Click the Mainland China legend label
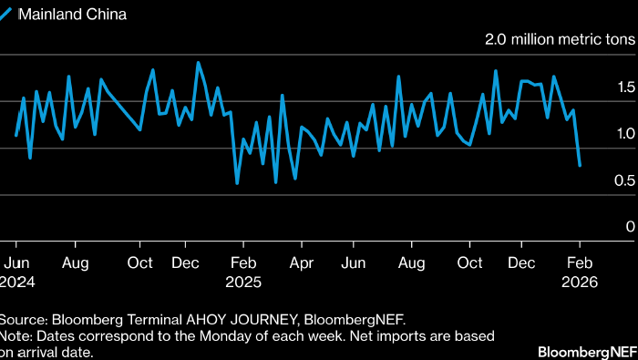[x=72, y=15]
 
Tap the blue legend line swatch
[x=5, y=15]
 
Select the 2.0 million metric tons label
[x=560, y=39]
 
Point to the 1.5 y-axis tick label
[x=625, y=87]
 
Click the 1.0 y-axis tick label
[x=625, y=133]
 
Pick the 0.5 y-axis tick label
[x=624, y=180]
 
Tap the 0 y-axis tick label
[x=631, y=226]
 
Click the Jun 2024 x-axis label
[x=16, y=273]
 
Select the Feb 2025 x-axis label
[x=243, y=273]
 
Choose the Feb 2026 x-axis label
[x=580, y=273]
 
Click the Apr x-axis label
[x=302, y=263]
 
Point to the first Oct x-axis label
[x=140, y=262]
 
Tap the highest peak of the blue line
[x=198, y=63]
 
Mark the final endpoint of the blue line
[x=580, y=165]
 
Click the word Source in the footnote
[x=23, y=320]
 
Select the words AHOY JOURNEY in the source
[x=242, y=320]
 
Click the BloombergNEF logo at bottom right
[x=588, y=353]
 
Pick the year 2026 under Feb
[x=580, y=282]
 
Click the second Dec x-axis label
[x=521, y=262]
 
